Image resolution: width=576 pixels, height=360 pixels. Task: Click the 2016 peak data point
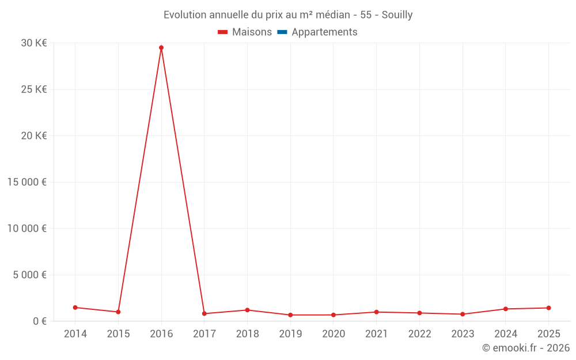tap(161, 48)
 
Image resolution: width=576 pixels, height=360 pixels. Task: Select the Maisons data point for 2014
tap(75, 308)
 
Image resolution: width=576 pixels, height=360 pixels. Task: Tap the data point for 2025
tap(548, 308)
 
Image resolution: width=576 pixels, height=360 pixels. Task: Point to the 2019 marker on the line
tap(290, 315)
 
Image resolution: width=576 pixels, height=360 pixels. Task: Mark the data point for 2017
tap(204, 314)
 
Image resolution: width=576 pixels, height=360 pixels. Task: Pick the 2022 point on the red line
tap(419, 313)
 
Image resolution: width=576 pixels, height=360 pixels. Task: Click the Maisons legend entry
tap(245, 32)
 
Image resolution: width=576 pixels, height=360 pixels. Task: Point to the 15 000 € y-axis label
tap(26, 182)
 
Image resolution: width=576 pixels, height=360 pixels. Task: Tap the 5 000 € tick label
tap(29, 275)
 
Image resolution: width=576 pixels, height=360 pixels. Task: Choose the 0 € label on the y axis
tap(40, 321)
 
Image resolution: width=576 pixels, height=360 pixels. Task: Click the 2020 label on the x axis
tap(334, 334)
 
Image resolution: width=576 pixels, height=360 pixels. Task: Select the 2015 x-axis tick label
tap(118, 334)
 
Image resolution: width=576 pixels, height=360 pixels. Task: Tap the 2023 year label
tap(463, 334)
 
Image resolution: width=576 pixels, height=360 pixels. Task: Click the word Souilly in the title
tap(397, 15)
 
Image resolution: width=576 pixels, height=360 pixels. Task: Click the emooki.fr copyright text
tap(525, 348)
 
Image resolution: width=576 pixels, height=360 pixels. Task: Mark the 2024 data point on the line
tap(506, 309)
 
